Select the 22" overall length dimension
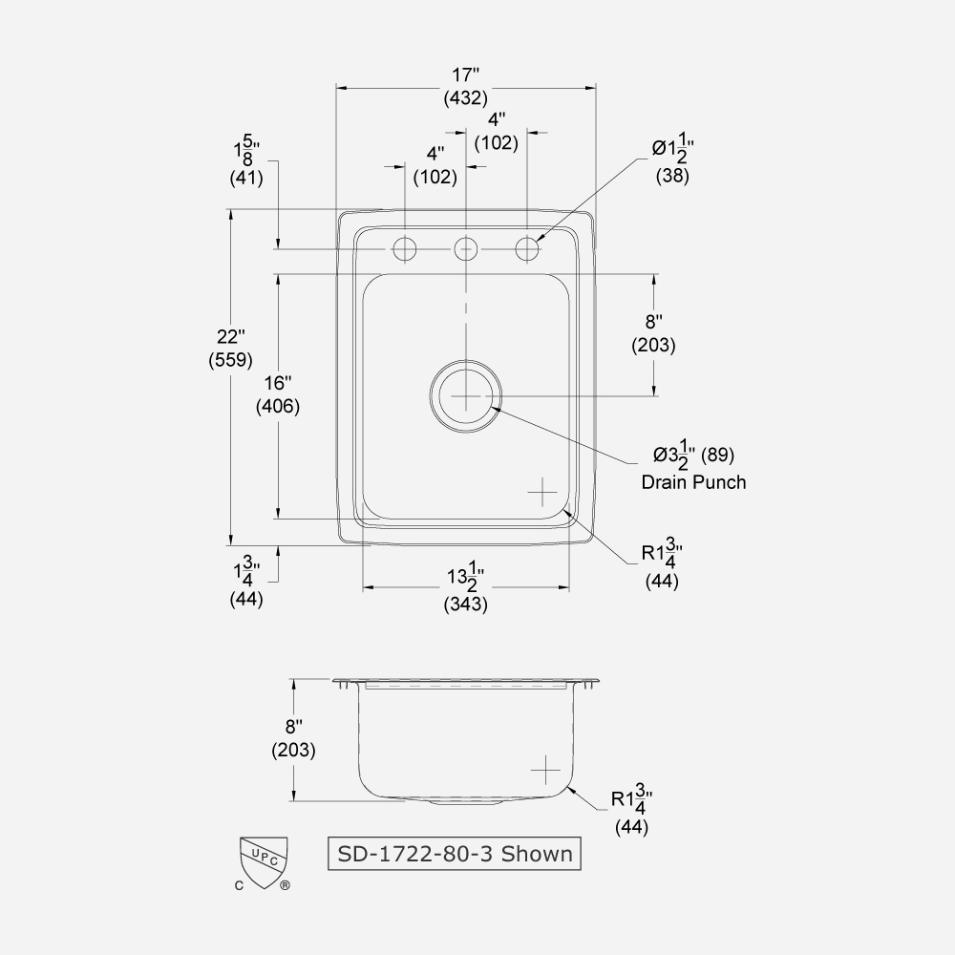coord(230,336)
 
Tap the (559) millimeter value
coord(230,360)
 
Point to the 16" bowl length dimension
coord(278,382)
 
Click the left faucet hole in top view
coord(404,248)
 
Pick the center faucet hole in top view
coord(466,248)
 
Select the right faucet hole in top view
coord(528,248)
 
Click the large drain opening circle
coord(465,395)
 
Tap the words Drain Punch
coord(693,482)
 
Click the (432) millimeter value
coord(465,96)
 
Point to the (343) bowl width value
coord(465,604)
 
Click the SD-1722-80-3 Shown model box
coord(453,853)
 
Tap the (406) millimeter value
coord(278,406)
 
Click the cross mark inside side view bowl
coord(544,769)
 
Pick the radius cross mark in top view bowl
coord(541,491)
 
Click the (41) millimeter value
coord(246,177)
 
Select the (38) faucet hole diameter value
coord(671,176)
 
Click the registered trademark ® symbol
coord(285,885)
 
